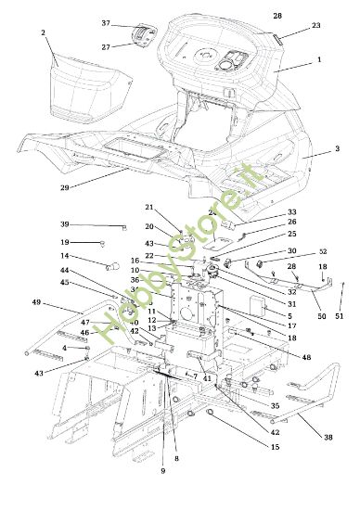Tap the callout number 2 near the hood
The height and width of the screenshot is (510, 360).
tap(43, 32)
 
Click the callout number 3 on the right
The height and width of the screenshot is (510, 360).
tap(337, 148)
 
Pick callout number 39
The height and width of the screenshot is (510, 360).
tap(65, 224)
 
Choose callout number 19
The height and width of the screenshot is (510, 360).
tap(65, 242)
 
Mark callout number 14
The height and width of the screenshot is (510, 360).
tap(65, 257)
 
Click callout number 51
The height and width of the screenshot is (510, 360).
tap(339, 317)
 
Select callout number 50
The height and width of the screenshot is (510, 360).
tap(321, 317)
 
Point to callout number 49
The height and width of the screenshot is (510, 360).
tap(36, 302)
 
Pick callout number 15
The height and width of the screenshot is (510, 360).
tap(274, 448)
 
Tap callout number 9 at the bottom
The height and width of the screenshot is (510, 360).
tap(161, 471)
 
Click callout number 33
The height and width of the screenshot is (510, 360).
tap(266, 212)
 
